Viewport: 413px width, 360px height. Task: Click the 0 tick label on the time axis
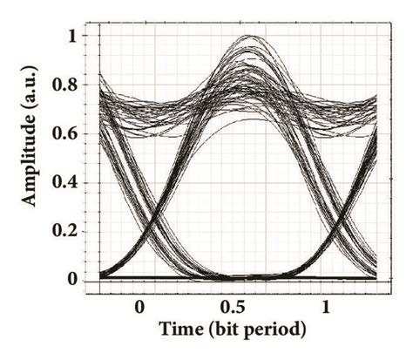(x=139, y=308)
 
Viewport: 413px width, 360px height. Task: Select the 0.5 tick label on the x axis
(x=233, y=308)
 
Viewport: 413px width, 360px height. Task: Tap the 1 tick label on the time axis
(x=326, y=308)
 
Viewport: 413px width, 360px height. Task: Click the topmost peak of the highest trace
(x=253, y=37)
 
